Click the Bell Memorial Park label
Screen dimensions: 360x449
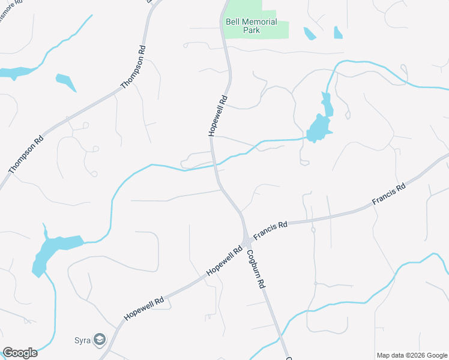tap(251, 26)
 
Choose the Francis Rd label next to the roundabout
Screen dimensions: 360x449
tap(270, 229)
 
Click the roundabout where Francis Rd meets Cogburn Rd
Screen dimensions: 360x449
tap(247, 243)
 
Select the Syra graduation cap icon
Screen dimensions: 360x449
tap(99, 340)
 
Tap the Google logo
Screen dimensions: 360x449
tap(20, 353)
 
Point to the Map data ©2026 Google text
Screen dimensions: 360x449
tap(412, 355)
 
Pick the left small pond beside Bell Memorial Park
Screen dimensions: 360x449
tap(310, 34)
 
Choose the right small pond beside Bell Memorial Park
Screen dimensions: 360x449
tap(338, 32)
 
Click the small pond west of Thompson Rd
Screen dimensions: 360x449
tap(65, 82)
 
